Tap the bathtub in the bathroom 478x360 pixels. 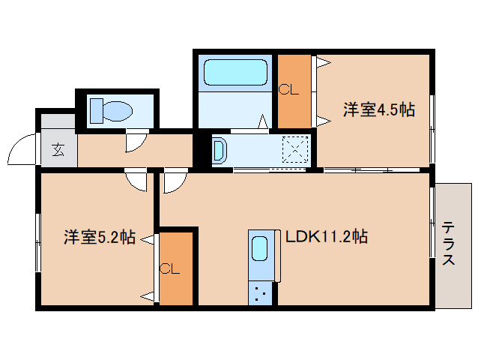pos(235,73)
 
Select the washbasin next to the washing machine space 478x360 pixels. pos(219,150)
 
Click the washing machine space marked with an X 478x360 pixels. pos(294,149)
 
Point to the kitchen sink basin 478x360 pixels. pos(260,248)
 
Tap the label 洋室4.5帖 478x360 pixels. pos(379,110)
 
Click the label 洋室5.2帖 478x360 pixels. pos(99,238)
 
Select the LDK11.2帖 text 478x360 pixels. pos(327,237)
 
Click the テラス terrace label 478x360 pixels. pos(448,243)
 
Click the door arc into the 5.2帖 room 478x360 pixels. pos(136,181)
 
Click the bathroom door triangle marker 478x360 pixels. pos(263,121)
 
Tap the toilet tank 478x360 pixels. pos(96,111)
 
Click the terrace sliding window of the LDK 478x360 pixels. pos(432,225)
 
